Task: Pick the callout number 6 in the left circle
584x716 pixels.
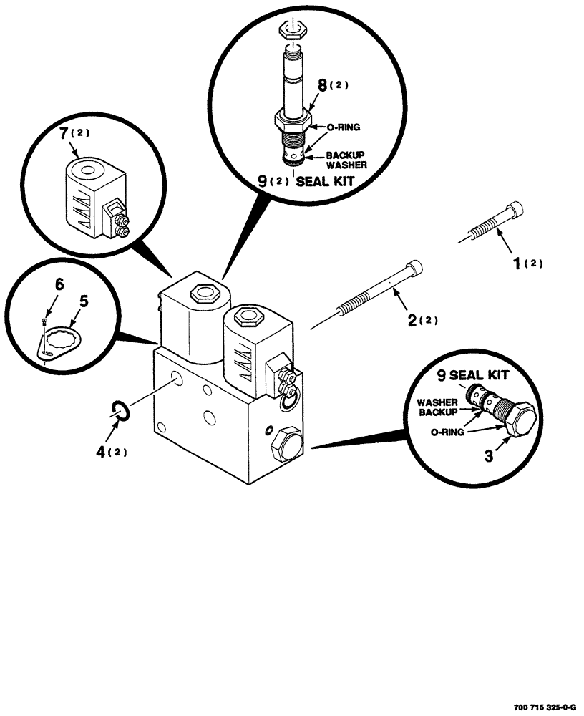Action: (x=59, y=286)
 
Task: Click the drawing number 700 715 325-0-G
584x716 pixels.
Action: (x=543, y=707)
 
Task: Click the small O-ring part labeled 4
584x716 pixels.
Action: (x=120, y=410)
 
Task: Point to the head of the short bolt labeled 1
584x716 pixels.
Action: (x=515, y=211)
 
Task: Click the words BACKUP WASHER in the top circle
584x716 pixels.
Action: (x=346, y=159)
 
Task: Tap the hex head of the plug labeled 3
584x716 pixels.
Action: (x=520, y=419)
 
